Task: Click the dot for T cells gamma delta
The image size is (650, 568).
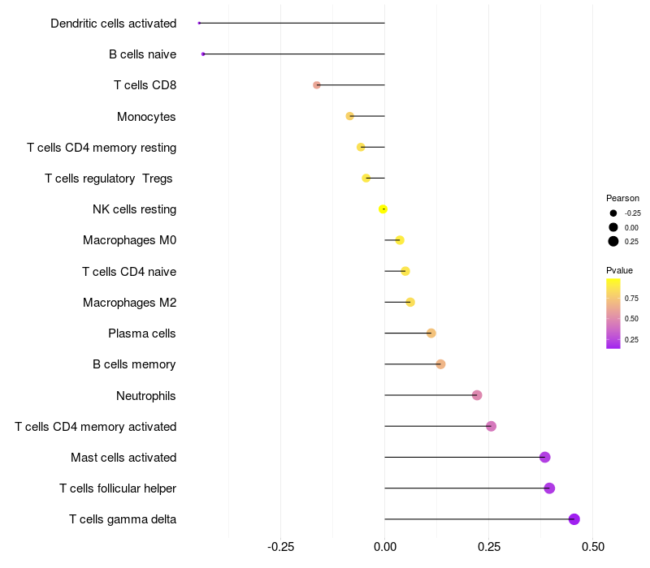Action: coord(574,519)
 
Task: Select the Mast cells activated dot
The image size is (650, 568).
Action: coord(545,458)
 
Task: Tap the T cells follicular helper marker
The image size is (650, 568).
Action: coord(549,488)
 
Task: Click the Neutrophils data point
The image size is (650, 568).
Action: coord(477,395)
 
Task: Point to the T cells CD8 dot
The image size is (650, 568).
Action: coord(317,85)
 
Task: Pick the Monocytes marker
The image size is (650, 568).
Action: coord(350,116)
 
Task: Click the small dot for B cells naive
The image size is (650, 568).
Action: coord(203,54)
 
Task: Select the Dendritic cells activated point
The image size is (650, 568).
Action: coord(199,23)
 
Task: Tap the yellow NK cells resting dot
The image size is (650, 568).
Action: coord(383,209)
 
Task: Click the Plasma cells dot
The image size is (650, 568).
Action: coord(431,333)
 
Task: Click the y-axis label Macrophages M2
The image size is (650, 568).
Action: coord(129,303)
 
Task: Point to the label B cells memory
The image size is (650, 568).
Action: coord(134,364)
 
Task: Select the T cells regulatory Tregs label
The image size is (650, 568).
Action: coord(109,179)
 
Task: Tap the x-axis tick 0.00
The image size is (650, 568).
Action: coord(384,547)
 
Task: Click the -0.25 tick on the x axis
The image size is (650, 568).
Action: coord(280,547)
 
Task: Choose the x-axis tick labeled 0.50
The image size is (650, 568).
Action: coord(593,547)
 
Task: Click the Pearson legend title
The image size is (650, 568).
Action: coord(622,198)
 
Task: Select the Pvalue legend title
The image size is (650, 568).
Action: coord(619,270)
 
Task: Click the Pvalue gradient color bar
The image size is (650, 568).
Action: coord(613,313)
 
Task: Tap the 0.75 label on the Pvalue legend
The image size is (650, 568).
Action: coord(631,298)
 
